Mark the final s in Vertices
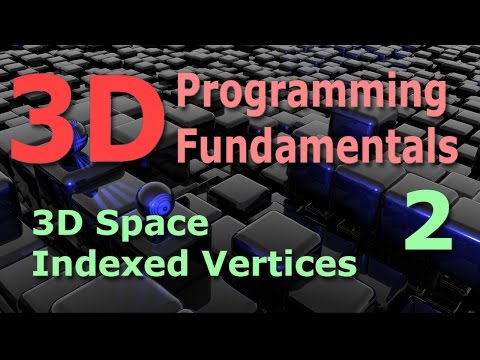click(x=347, y=267)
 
